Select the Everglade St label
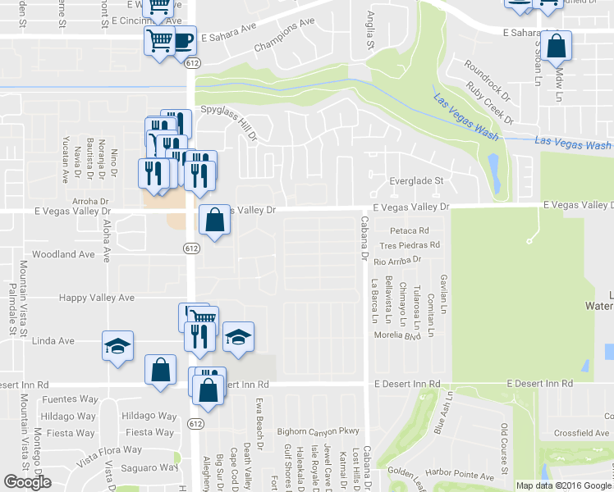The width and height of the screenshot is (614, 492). [x=416, y=180]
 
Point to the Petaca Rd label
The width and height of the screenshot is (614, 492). [x=410, y=230]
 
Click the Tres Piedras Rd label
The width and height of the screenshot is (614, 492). [x=409, y=244]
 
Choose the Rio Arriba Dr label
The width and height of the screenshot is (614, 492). [x=397, y=260]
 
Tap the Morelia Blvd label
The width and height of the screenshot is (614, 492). [x=397, y=336]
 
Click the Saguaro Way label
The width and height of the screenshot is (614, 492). [x=151, y=467]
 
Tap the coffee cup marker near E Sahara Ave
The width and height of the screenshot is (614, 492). [x=183, y=40]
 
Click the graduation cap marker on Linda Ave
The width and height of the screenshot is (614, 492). [x=117, y=344]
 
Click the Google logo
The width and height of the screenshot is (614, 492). [x=28, y=482]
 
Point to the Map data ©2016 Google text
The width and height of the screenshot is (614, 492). [x=562, y=485]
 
